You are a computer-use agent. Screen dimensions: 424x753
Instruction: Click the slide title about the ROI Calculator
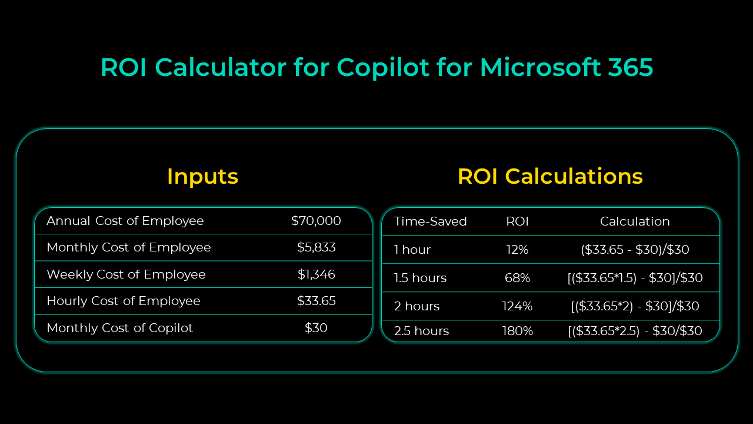(x=376, y=68)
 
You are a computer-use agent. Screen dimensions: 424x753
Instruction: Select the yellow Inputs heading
(x=202, y=177)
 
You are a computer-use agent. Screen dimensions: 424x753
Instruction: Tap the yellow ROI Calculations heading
(x=550, y=177)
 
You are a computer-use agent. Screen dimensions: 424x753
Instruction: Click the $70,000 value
(x=316, y=221)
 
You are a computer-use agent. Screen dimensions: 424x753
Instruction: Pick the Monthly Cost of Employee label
(x=129, y=247)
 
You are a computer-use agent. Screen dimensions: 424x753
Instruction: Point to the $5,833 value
(x=316, y=247)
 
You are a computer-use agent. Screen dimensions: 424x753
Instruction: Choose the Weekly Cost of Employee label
(x=126, y=274)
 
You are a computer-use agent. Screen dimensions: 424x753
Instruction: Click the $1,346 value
(x=316, y=274)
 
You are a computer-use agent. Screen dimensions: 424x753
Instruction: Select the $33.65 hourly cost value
(x=316, y=301)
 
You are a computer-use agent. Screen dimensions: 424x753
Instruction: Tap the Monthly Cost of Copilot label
(x=119, y=328)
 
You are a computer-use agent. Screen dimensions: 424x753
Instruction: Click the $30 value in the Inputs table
(x=316, y=328)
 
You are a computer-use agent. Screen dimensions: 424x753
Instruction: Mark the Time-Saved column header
(x=430, y=221)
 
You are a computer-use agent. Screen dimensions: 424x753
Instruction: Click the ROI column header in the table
(x=517, y=221)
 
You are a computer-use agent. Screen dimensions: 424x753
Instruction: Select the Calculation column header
(x=635, y=221)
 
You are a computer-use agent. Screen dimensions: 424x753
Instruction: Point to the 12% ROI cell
(x=517, y=250)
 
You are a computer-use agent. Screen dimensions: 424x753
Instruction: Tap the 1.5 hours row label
(x=420, y=278)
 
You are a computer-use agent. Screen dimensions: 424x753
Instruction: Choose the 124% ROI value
(x=517, y=306)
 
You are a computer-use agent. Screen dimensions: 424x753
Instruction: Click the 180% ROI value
(x=517, y=331)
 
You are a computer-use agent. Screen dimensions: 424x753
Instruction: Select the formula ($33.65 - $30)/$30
(x=635, y=250)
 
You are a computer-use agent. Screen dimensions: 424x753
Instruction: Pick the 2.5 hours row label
(x=421, y=331)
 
